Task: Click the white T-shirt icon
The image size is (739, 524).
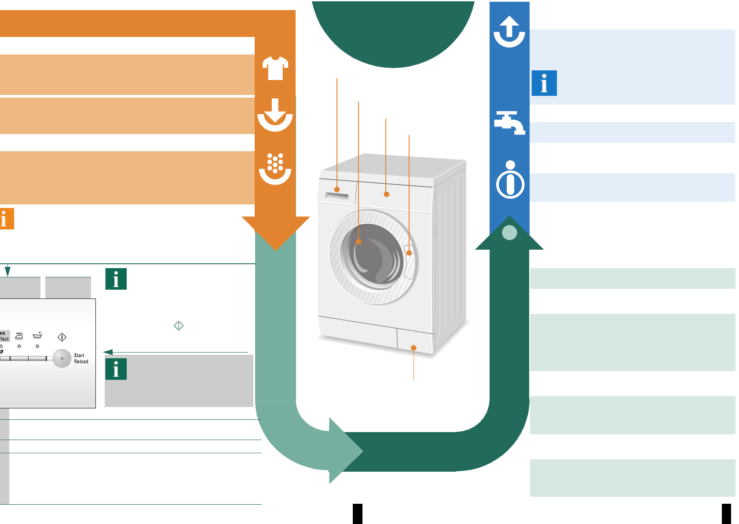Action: pos(275,68)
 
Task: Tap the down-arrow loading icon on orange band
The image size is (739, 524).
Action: pos(275,115)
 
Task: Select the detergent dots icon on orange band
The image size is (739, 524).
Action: pos(275,169)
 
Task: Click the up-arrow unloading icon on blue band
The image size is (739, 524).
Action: pos(509,32)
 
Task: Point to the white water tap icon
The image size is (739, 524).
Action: pos(509,123)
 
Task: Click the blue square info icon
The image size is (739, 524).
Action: pos(544,83)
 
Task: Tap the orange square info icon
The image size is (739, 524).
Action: pos(6,218)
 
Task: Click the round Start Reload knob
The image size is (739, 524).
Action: pos(62,358)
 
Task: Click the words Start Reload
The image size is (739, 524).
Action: pos(81,358)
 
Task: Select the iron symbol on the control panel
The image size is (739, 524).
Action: pos(19,336)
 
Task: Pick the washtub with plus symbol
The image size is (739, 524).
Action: pos(38,335)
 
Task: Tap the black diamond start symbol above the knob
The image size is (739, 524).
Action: pos(62,337)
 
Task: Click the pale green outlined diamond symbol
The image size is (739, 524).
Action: pos(179,326)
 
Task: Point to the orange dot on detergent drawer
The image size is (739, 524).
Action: pos(337,189)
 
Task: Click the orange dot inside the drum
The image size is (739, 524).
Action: pos(359,242)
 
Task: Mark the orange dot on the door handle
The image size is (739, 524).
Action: pos(409,253)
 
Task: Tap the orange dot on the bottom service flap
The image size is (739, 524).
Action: pos(413,348)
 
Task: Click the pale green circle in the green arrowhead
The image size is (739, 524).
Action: pos(509,232)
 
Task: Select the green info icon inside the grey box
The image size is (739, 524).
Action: pos(116,369)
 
